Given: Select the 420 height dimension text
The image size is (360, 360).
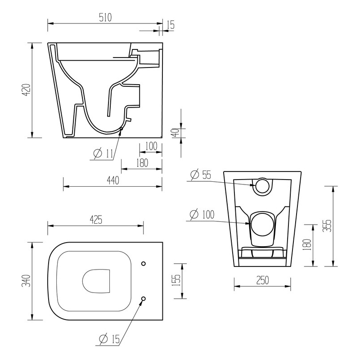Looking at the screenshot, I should [26, 90].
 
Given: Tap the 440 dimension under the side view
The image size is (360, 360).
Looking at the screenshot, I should [112, 180].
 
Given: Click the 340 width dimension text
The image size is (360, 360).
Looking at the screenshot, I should [26, 281].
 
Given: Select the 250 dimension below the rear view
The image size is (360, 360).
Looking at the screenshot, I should [262, 280].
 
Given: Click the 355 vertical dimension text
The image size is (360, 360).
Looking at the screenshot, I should [327, 225].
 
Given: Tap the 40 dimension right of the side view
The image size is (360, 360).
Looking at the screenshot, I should [176, 132].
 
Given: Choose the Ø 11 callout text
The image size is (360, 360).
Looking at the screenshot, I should [103, 154].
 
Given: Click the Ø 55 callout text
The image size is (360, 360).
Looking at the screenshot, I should [201, 175].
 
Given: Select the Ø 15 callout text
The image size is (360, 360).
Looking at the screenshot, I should [109, 339].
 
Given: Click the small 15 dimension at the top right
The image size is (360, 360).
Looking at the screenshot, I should [170, 25].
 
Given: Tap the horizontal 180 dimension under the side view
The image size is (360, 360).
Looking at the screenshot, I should [142, 163].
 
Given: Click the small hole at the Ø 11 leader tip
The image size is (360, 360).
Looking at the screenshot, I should [121, 129].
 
